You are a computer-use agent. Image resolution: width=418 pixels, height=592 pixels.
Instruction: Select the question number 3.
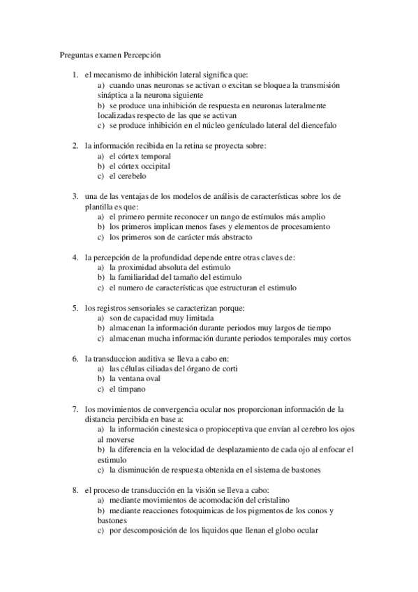[75, 196]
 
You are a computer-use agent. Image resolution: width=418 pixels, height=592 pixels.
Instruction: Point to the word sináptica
[114, 95]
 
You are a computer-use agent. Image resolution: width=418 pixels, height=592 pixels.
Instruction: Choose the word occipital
[154, 166]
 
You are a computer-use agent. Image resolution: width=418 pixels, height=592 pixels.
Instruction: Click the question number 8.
[75, 491]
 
